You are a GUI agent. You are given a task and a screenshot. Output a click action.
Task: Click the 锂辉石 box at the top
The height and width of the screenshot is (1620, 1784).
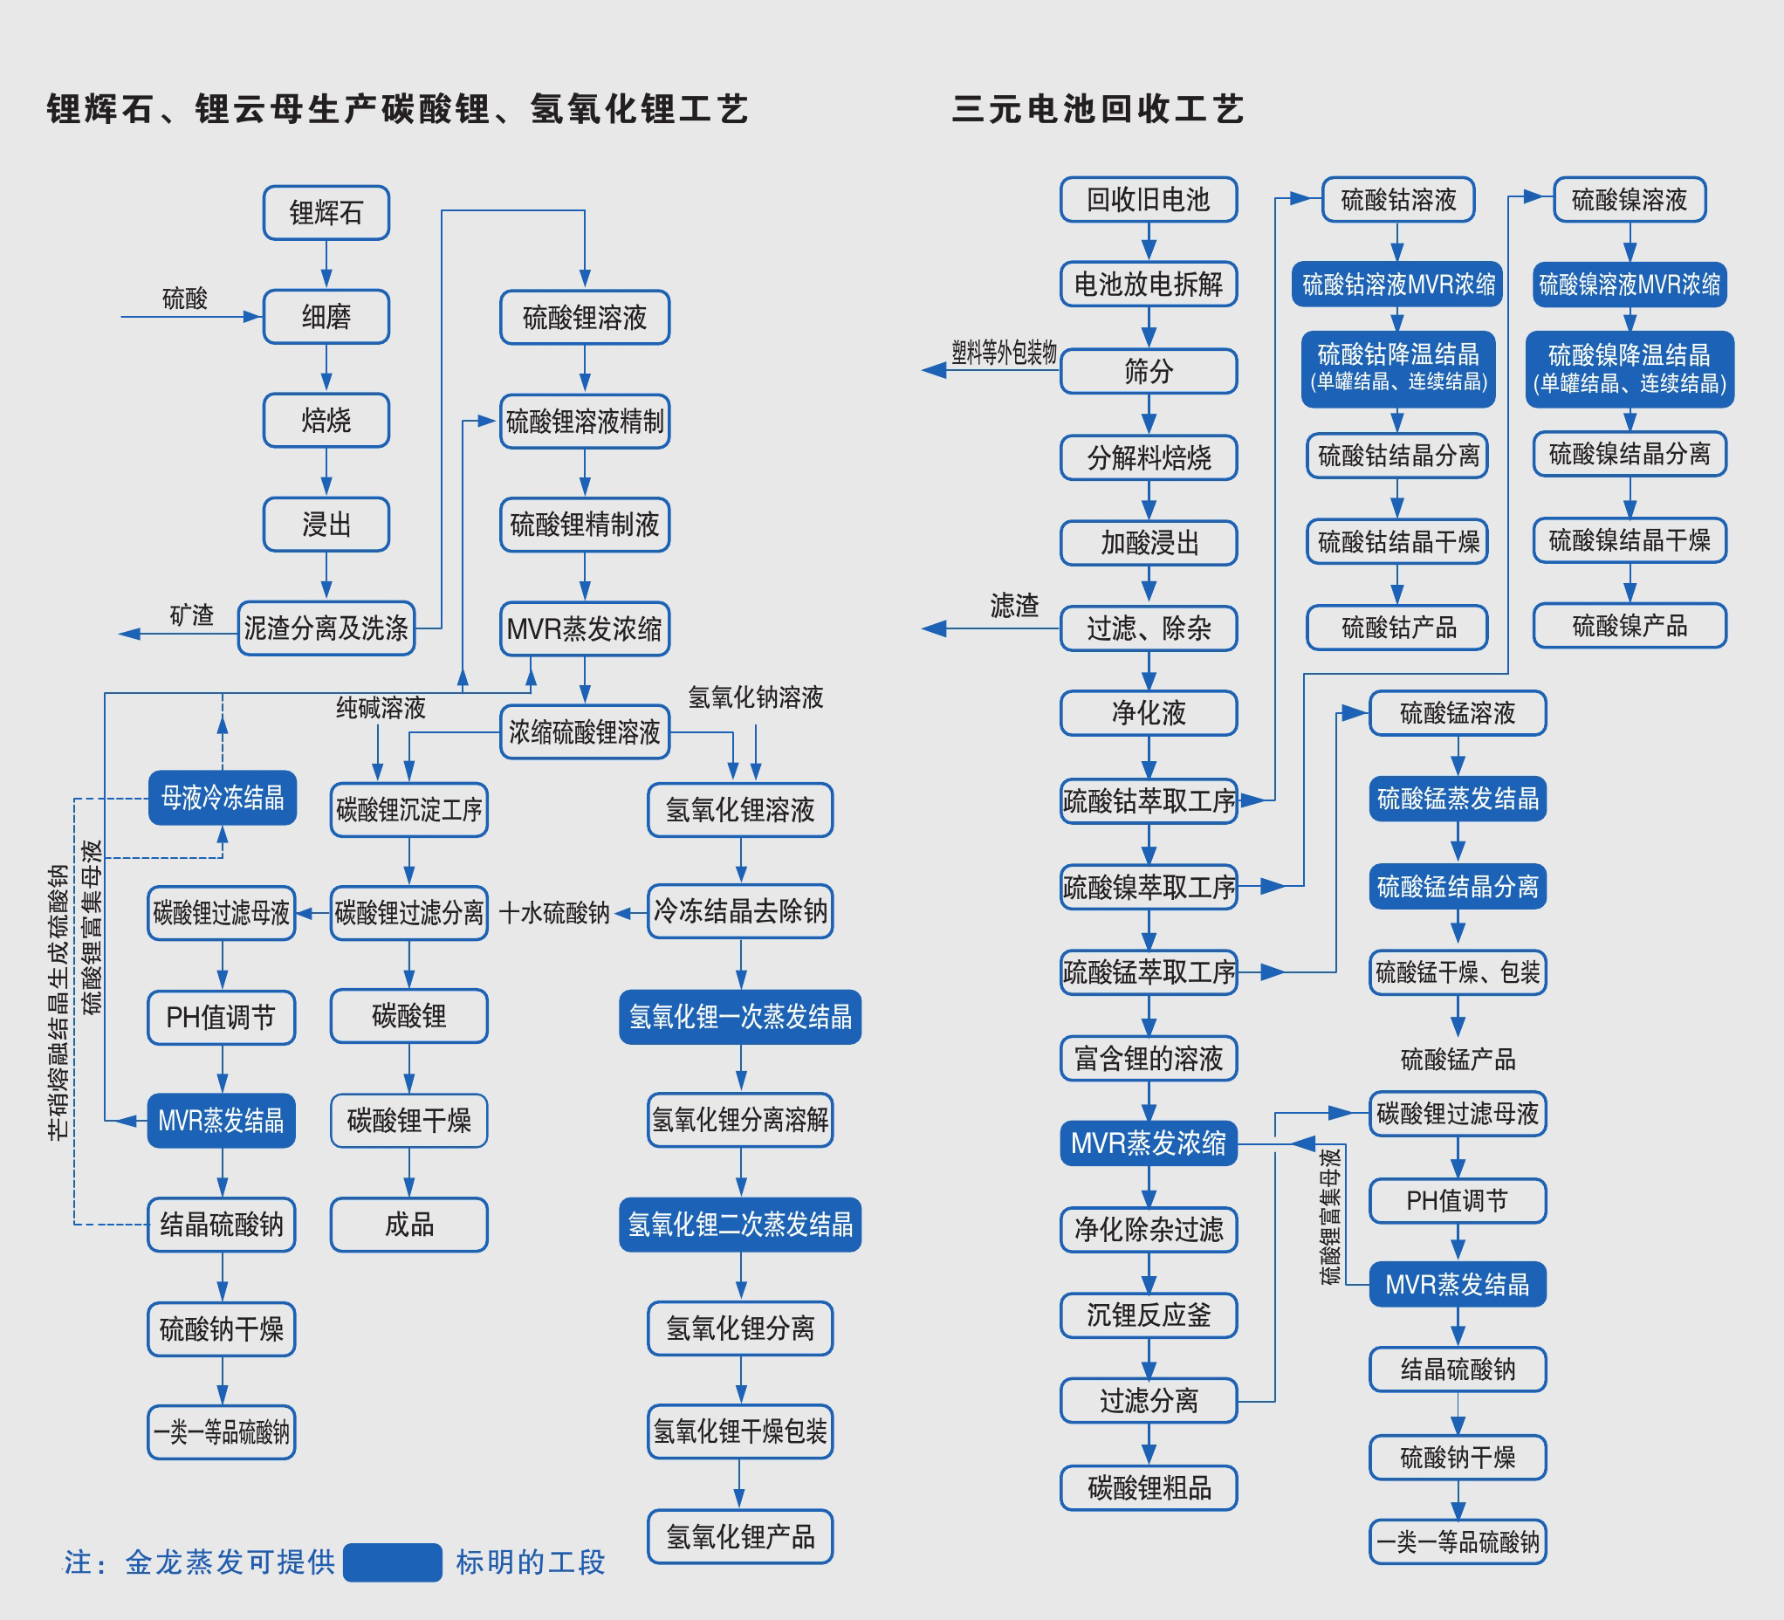tap(326, 212)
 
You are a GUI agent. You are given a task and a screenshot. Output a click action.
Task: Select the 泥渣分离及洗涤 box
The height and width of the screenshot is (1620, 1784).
tap(326, 628)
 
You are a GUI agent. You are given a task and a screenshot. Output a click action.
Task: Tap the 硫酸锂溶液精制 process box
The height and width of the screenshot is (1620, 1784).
tap(584, 421)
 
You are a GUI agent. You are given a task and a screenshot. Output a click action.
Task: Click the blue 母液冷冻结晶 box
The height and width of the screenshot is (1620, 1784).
tap(222, 798)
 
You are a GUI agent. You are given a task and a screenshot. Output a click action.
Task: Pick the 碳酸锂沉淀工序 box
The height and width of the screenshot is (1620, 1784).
tap(408, 808)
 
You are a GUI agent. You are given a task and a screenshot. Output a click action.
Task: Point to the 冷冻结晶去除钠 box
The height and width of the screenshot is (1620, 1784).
tap(740, 911)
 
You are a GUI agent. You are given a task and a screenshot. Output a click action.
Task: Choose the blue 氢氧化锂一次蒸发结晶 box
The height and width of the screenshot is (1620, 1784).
tap(740, 1017)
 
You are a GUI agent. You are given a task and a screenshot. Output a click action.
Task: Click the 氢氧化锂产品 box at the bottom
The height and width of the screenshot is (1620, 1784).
tap(740, 1537)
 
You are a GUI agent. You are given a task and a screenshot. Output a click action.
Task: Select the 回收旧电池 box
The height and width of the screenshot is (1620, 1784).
tap(1148, 200)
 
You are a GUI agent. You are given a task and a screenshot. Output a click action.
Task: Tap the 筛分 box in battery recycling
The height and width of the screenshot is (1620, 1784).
tap(1148, 371)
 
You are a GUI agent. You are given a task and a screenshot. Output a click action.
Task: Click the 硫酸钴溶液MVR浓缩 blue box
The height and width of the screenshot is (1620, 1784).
tap(1397, 284)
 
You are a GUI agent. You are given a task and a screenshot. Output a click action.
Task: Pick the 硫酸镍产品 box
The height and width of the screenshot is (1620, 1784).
tap(1630, 627)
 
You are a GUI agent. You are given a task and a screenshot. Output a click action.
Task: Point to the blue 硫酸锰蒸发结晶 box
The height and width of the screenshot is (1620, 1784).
tap(1458, 799)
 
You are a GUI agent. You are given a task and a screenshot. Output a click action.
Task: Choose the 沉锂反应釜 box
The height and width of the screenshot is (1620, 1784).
tap(1148, 1315)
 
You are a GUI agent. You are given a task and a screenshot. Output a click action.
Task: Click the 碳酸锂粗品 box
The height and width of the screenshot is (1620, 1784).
tap(1148, 1488)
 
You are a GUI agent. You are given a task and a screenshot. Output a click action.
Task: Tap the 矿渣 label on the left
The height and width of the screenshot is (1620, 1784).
tap(192, 614)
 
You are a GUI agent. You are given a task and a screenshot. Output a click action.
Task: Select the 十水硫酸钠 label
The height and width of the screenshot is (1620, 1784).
tap(555, 913)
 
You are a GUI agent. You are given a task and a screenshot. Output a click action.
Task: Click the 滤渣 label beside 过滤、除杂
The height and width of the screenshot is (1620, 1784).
tap(1014, 606)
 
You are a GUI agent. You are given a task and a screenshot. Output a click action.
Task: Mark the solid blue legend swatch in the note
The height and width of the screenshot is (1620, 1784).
tap(392, 1562)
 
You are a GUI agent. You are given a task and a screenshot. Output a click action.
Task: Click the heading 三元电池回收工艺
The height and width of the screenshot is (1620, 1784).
tap(1098, 110)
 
